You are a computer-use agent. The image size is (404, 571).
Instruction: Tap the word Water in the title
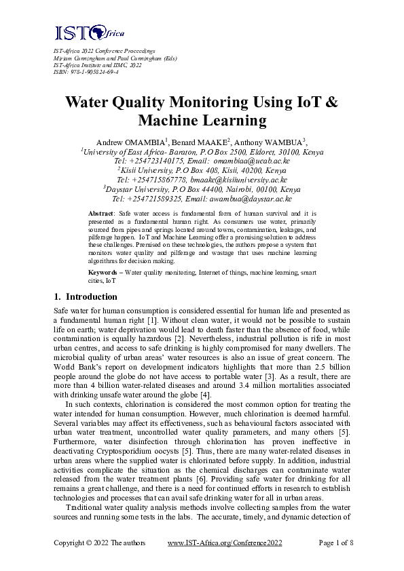point(94,103)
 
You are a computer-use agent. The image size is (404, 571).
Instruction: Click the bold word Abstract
point(102,214)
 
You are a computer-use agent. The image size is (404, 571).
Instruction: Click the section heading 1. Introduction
point(85,297)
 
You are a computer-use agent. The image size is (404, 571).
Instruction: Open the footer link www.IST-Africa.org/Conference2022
point(226,543)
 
